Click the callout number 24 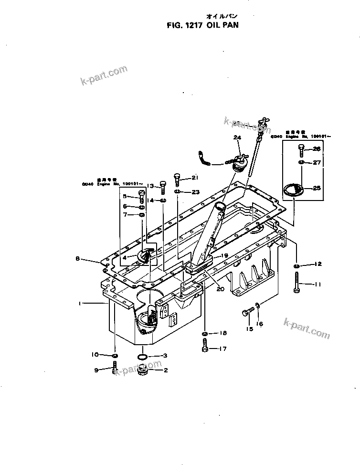237,138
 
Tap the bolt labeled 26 301,151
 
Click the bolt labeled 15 246,313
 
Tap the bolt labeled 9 115,369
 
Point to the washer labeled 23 177,192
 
